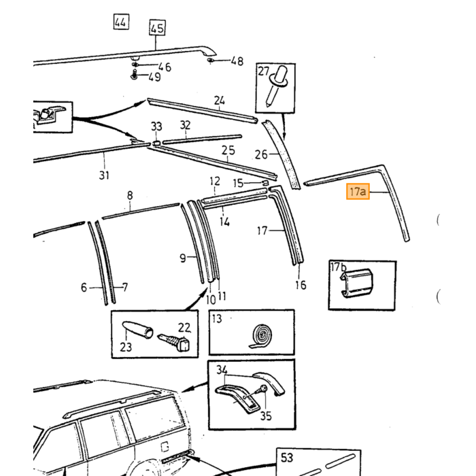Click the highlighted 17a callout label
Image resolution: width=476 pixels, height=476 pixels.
358,192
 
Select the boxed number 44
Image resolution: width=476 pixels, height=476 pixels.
121,22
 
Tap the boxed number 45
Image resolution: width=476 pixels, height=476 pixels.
157,28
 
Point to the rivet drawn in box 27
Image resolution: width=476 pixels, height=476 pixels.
276,86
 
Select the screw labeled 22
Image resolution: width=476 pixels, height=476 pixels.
173,342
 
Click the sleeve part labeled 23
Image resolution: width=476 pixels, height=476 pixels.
137,330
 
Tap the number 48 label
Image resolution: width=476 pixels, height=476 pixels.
237,61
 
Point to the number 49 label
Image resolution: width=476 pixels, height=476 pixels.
154,77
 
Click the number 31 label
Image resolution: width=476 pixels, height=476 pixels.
104,175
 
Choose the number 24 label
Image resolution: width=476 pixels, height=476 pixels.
220,100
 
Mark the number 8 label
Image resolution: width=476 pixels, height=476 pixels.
130,195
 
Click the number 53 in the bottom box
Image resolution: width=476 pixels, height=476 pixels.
287,457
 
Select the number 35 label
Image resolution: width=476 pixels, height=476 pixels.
266,416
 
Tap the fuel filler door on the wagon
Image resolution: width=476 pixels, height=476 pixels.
165,447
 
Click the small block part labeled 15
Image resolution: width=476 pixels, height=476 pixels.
265,182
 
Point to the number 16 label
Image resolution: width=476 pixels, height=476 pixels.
301,285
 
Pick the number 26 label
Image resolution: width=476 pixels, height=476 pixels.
261,154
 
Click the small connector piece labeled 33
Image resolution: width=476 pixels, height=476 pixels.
156,143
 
